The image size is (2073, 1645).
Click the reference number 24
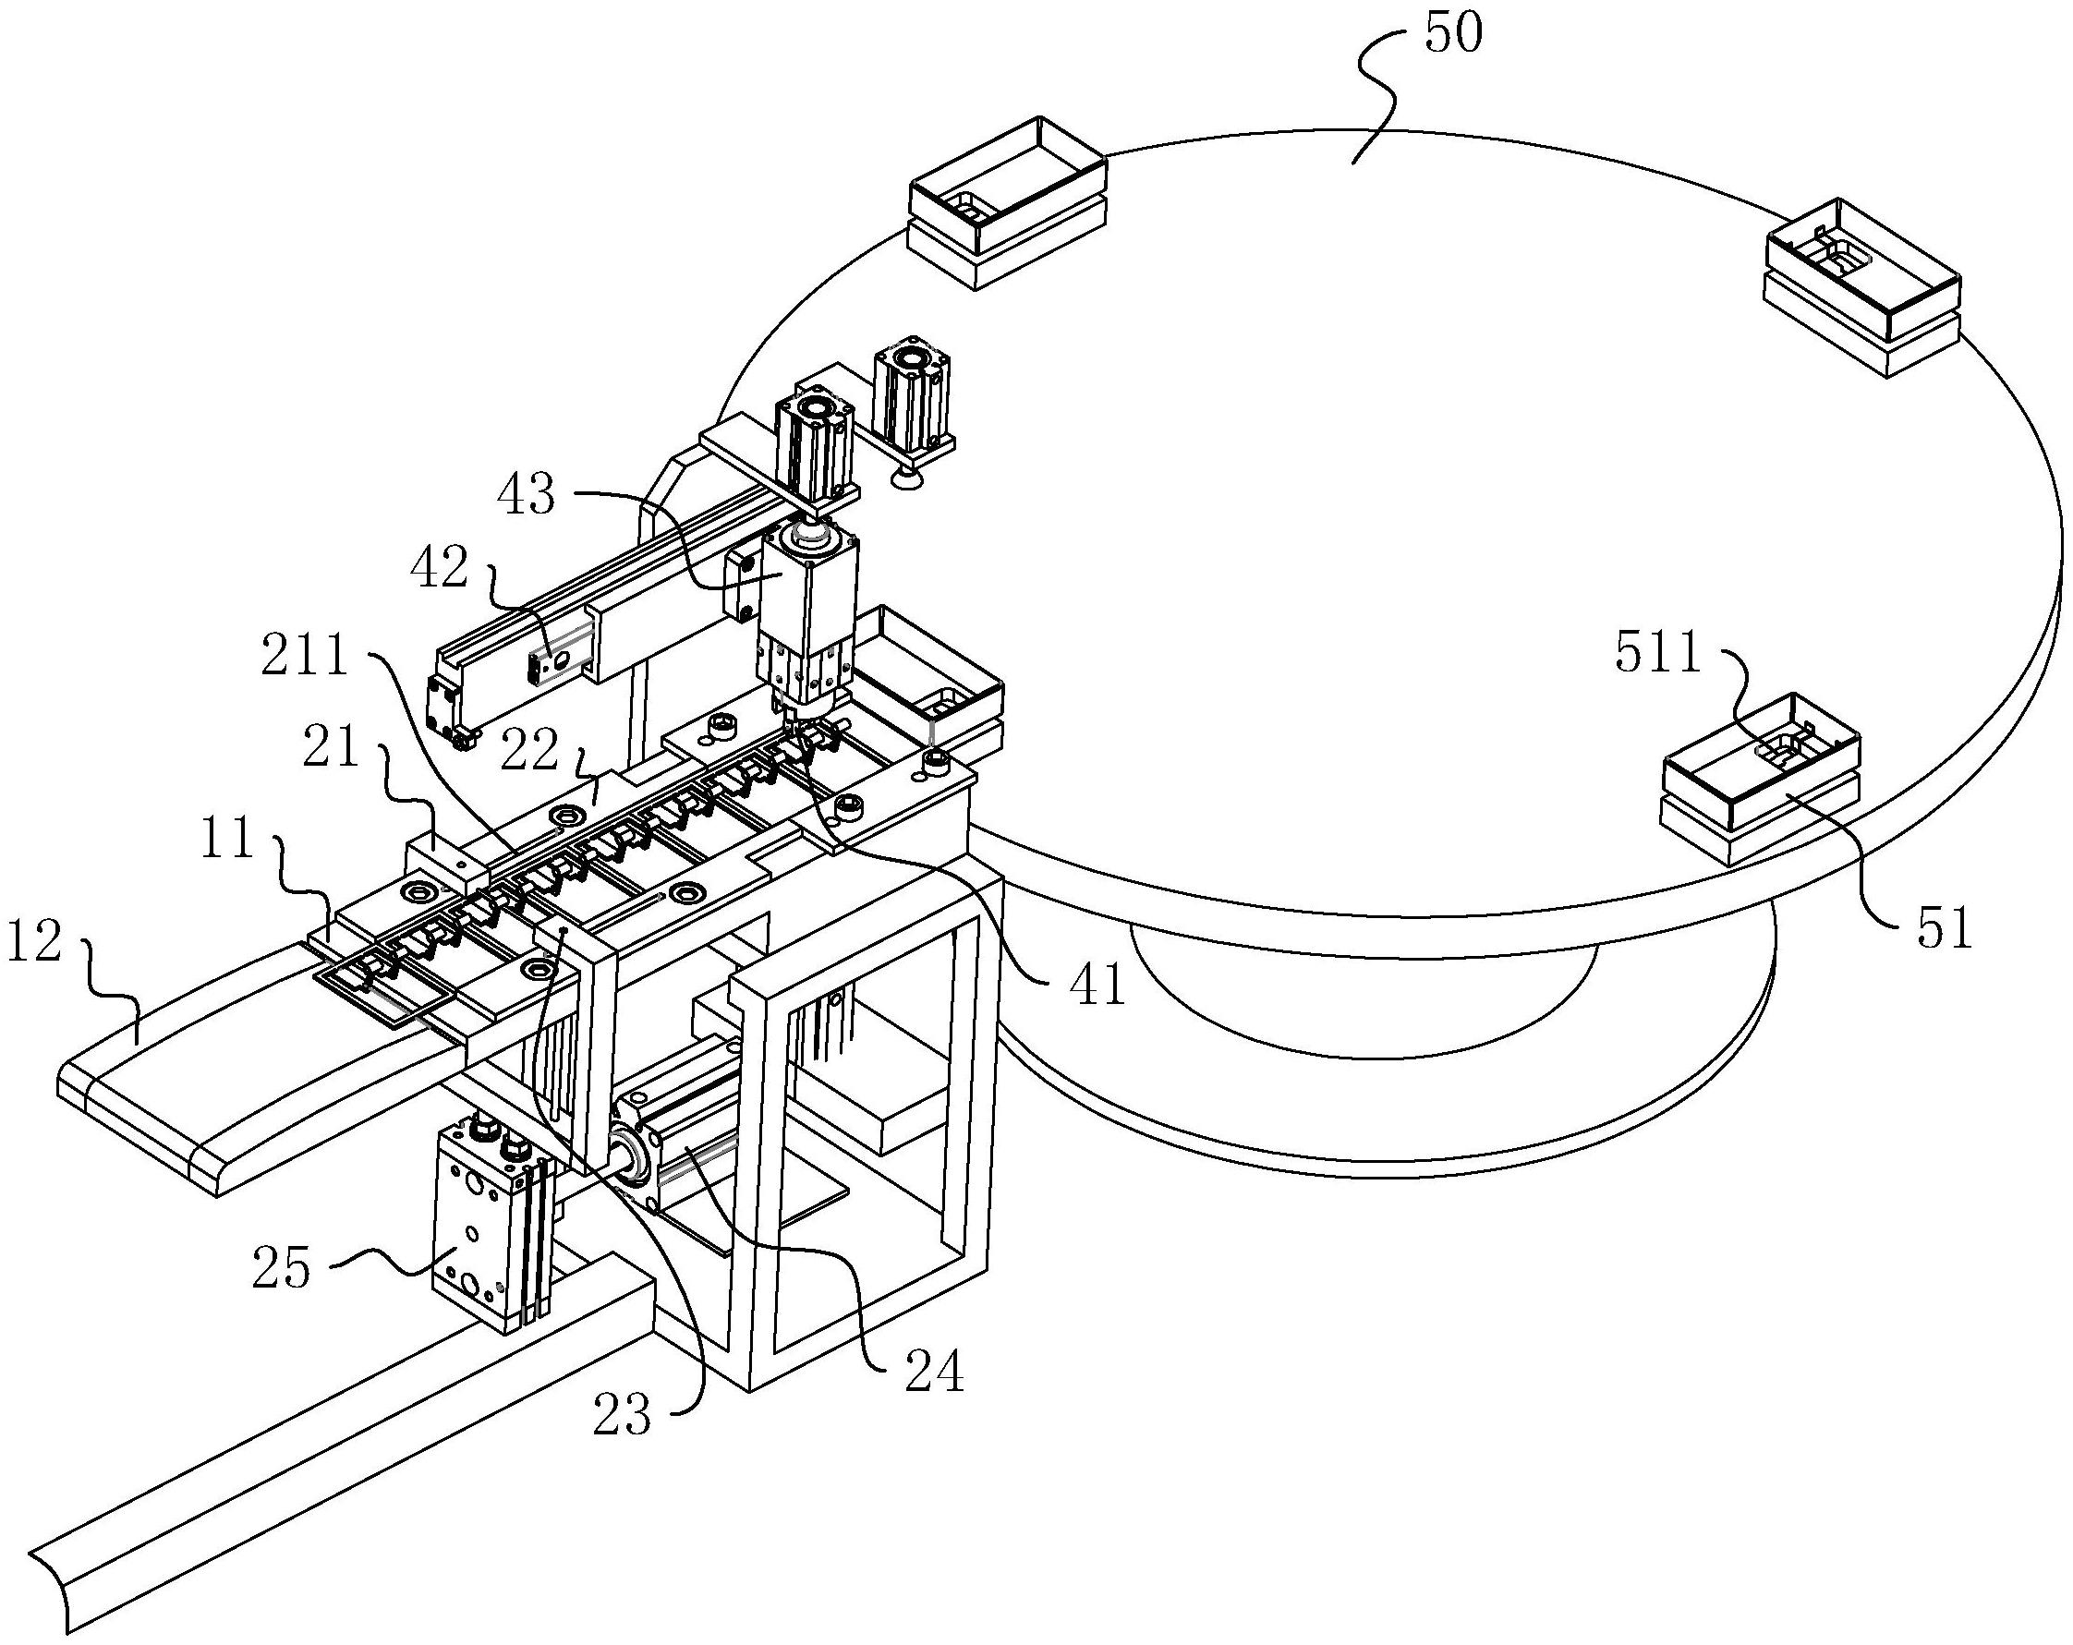click(x=934, y=1373)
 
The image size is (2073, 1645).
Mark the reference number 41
click(x=1099, y=986)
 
